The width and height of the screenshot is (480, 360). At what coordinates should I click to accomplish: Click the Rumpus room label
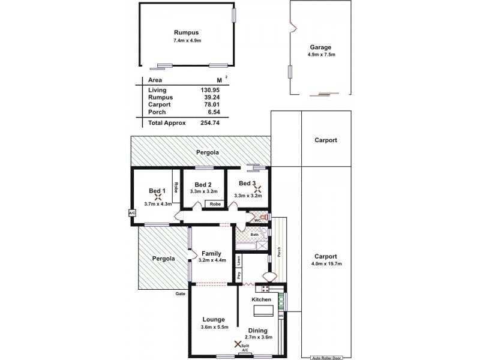click(x=186, y=32)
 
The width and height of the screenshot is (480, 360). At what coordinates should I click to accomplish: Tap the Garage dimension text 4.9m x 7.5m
click(x=321, y=55)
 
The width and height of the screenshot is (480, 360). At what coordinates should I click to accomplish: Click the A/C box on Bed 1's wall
click(x=131, y=212)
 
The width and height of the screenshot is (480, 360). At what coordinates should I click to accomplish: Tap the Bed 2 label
click(x=202, y=185)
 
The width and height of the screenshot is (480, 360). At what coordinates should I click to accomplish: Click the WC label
click(x=257, y=220)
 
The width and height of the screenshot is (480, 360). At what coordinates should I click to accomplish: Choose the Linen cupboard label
click(x=239, y=260)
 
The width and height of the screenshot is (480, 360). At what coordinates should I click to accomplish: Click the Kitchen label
click(x=262, y=299)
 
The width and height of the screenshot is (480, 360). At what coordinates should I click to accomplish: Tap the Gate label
click(x=180, y=294)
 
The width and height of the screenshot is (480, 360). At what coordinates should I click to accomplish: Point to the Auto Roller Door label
click(x=326, y=358)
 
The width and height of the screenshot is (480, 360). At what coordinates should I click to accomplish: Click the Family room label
click(x=211, y=253)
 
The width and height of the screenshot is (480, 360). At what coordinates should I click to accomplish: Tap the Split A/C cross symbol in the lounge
click(x=238, y=344)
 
